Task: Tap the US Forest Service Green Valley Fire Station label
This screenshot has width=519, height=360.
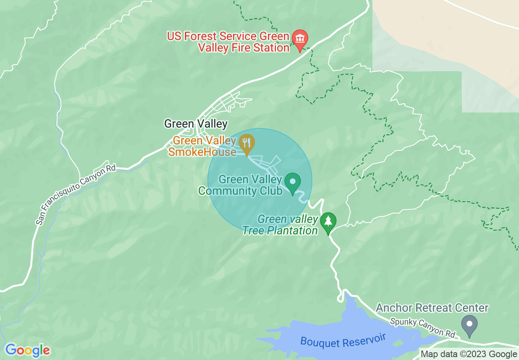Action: [x=228, y=42]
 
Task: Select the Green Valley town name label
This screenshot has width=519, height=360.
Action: [x=196, y=124]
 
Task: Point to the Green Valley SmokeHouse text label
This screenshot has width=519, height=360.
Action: [x=204, y=146]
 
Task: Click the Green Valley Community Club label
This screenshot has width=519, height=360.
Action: [x=241, y=185]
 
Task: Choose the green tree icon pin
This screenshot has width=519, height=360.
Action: [x=328, y=221]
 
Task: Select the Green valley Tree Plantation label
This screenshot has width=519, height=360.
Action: [x=280, y=225]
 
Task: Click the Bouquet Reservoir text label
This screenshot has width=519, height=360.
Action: [x=343, y=340]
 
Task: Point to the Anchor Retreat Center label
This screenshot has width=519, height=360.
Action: [x=432, y=308]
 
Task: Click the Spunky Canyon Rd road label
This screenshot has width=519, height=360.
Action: [x=423, y=328]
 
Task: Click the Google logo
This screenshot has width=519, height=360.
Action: [x=27, y=351]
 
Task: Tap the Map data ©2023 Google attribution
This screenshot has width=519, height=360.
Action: [x=469, y=354]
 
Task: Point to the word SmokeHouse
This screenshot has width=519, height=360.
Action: [x=202, y=152]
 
